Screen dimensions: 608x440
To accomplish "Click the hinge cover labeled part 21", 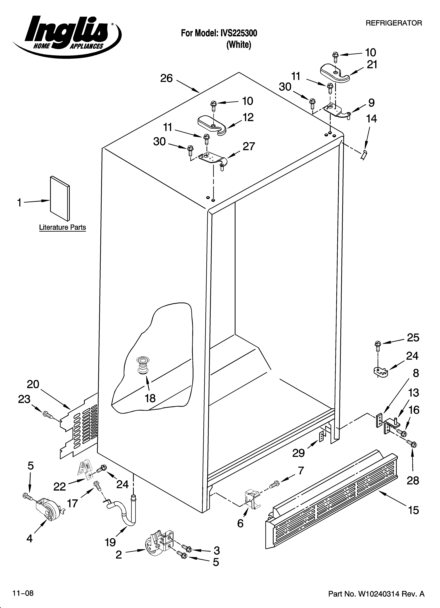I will [335, 72].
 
